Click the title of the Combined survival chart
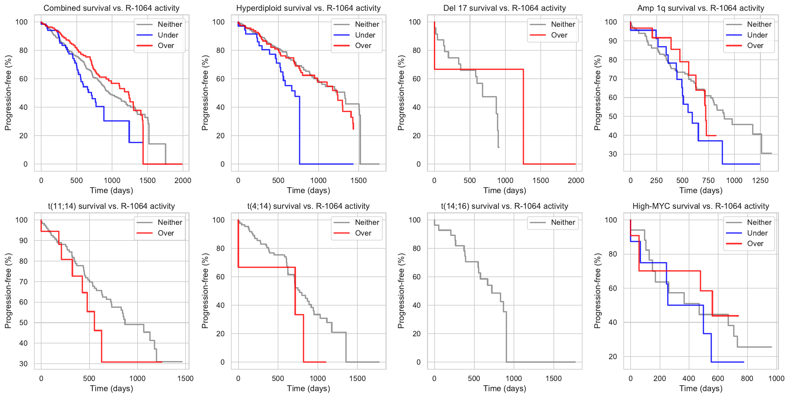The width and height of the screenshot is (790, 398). [x=111, y=8]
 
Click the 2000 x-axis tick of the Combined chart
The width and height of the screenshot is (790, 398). [x=183, y=180]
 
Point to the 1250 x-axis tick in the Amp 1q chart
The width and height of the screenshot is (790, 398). [x=760, y=180]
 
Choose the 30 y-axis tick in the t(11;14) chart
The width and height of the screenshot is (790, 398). [x=24, y=364]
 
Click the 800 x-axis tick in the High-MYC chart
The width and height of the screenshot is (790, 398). [x=747, y=378]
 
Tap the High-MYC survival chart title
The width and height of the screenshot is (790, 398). [x=701, y=206]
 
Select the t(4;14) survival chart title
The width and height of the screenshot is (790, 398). [x=308, y=206]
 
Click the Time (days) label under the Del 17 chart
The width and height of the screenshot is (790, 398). [x=505, y=191]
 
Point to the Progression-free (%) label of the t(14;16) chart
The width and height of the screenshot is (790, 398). [x=401, y=291]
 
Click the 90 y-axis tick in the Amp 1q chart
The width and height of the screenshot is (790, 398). [x=611, y=41]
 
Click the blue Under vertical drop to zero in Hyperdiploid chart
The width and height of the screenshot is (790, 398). [x=300, y=131]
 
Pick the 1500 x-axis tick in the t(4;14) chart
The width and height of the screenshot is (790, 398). [x=357, y=378]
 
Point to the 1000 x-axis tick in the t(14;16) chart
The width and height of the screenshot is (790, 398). [x=514, y=378]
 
